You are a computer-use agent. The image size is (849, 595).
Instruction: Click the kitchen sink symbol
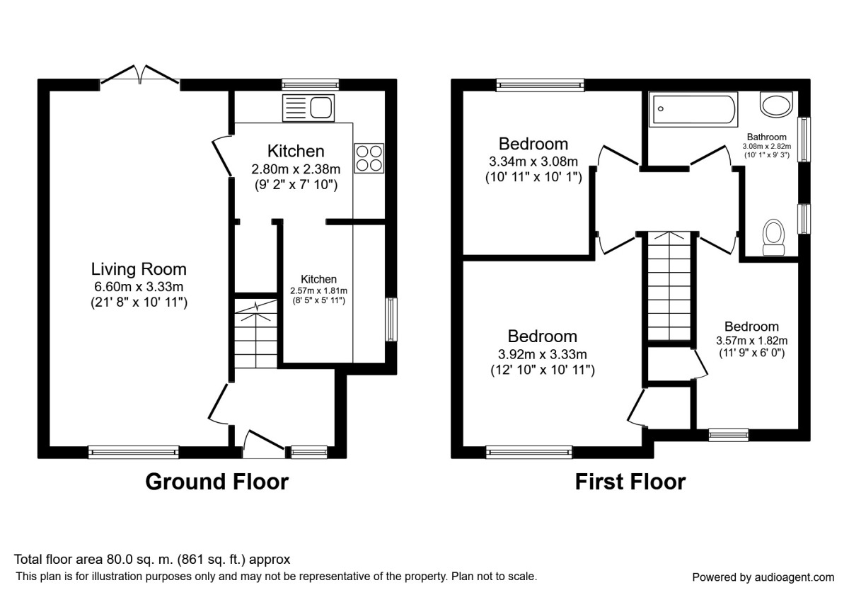coord(308,108)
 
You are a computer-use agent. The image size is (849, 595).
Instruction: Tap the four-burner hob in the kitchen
coord(369,157)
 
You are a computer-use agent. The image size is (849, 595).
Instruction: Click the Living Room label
coord(139,269)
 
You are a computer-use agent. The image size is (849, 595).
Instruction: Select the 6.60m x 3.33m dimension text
coord(139,287)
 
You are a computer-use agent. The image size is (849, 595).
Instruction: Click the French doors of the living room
coord(139,75)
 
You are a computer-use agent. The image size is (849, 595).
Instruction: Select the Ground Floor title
coord(216,482)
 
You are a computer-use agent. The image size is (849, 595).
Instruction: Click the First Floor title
coord(630,482)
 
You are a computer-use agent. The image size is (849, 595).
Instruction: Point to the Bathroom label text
coord(767,137)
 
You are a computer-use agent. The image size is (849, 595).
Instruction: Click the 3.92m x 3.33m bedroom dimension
coord(543,354)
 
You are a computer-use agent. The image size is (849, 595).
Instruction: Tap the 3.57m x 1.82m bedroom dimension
coord(751,340)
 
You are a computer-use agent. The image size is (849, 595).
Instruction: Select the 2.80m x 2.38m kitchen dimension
coord(296,169)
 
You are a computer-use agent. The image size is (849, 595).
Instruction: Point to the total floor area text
coord(153,559)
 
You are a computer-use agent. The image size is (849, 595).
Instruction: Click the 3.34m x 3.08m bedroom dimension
coord(533,161)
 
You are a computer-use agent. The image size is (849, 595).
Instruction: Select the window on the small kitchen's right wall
coord(390,319)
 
